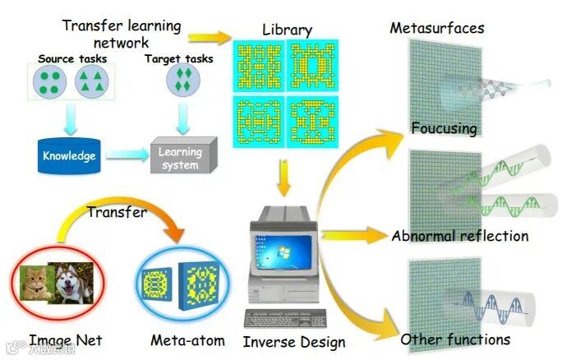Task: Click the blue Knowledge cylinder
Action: tap(69, 155)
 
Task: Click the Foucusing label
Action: tap(445, 129)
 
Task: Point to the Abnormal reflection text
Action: tap(459, 236)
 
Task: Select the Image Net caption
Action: tap(66, 339)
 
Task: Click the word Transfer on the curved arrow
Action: tap(117, 212)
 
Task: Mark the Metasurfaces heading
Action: tap(436, 28)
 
